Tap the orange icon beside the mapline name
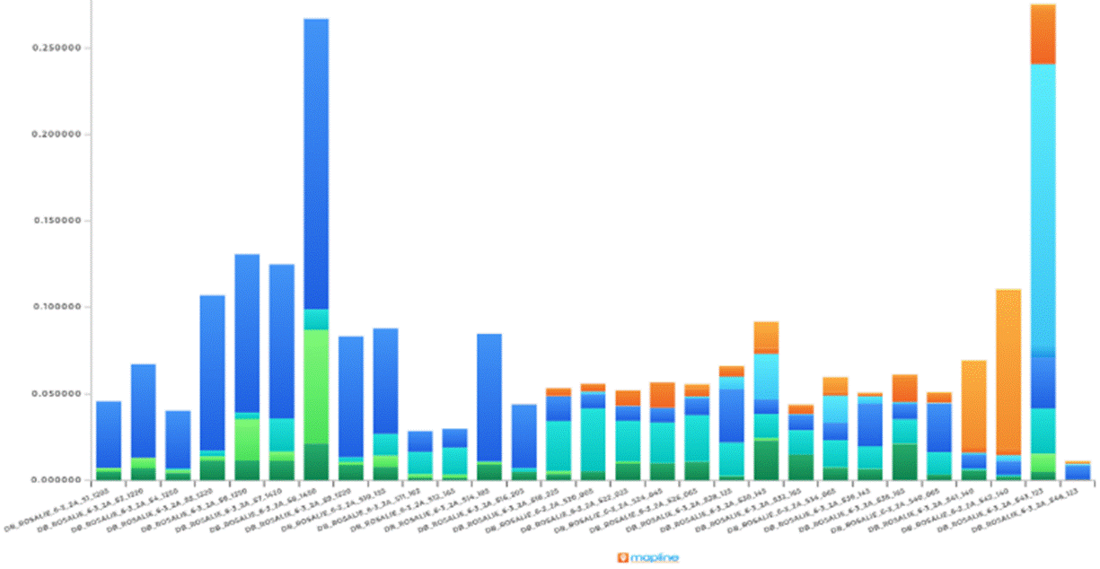[x=622, y=557]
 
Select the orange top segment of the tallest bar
[x=1043, y=34]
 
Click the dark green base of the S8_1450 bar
[x=316, y=461]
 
